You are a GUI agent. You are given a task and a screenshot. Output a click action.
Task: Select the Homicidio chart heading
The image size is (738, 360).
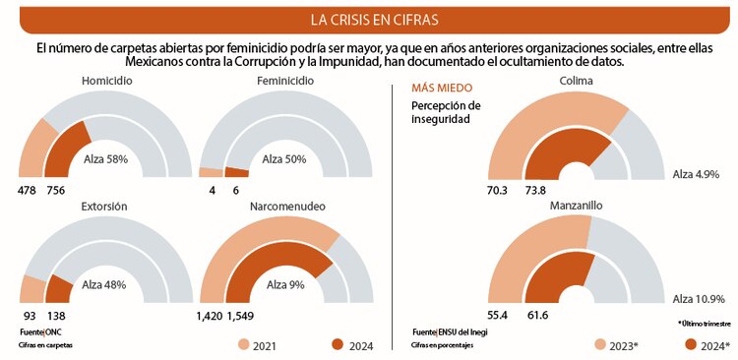pos(107,81)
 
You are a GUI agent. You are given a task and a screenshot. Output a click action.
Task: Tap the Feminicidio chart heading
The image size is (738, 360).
pos(284,81)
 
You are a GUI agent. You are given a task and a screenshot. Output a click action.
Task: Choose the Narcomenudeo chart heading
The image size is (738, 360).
pos(285,207)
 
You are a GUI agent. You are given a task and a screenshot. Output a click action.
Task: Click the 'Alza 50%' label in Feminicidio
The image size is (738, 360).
pos(284,158)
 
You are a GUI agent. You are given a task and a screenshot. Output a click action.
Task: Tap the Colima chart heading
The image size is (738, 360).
pos(577,81)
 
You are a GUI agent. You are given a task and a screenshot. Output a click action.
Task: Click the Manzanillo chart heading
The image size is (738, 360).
pos(577,206)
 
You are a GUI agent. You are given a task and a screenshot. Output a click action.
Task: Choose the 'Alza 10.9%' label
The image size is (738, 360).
pos(699,299)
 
